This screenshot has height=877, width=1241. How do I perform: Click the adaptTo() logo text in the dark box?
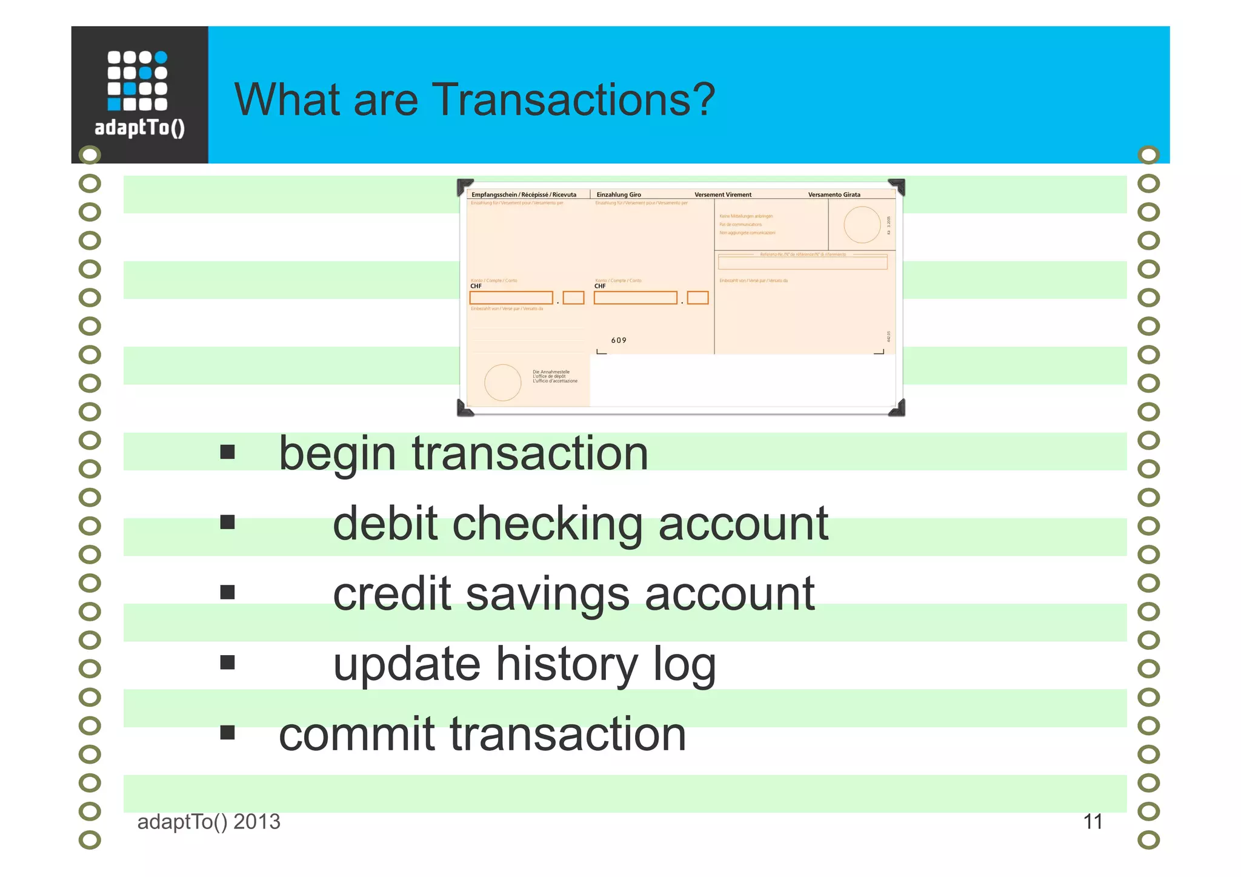tap(139, 127)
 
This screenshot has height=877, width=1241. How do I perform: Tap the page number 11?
tap(1092, 822)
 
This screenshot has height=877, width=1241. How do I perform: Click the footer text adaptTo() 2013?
tap(208, 822)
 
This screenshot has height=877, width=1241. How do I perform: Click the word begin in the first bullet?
tap(337, 455)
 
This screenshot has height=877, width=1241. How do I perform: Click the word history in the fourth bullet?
tap(567, 664)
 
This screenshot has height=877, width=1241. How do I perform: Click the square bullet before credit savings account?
tap(227, 592)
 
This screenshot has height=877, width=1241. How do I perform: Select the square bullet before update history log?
tap(227, 662)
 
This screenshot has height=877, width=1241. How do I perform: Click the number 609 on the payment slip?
tap(619, 341)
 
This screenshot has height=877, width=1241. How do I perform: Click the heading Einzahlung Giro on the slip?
tap(618, 195)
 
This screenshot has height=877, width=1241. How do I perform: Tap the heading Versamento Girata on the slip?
tap(834, 195)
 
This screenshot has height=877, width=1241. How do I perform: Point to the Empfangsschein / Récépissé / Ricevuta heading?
tap(524, 195)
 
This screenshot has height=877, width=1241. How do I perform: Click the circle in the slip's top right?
tap(862, 225)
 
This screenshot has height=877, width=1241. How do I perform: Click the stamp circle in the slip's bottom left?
tap(502, 382)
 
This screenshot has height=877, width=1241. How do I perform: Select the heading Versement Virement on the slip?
tap(722, 195)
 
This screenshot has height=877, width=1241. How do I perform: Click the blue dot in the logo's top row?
tap(161, 58)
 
